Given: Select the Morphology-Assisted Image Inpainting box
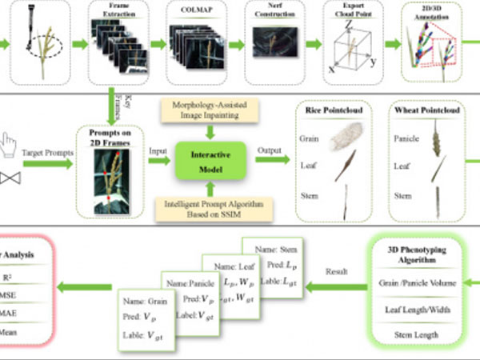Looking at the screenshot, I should tap(211, 110).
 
